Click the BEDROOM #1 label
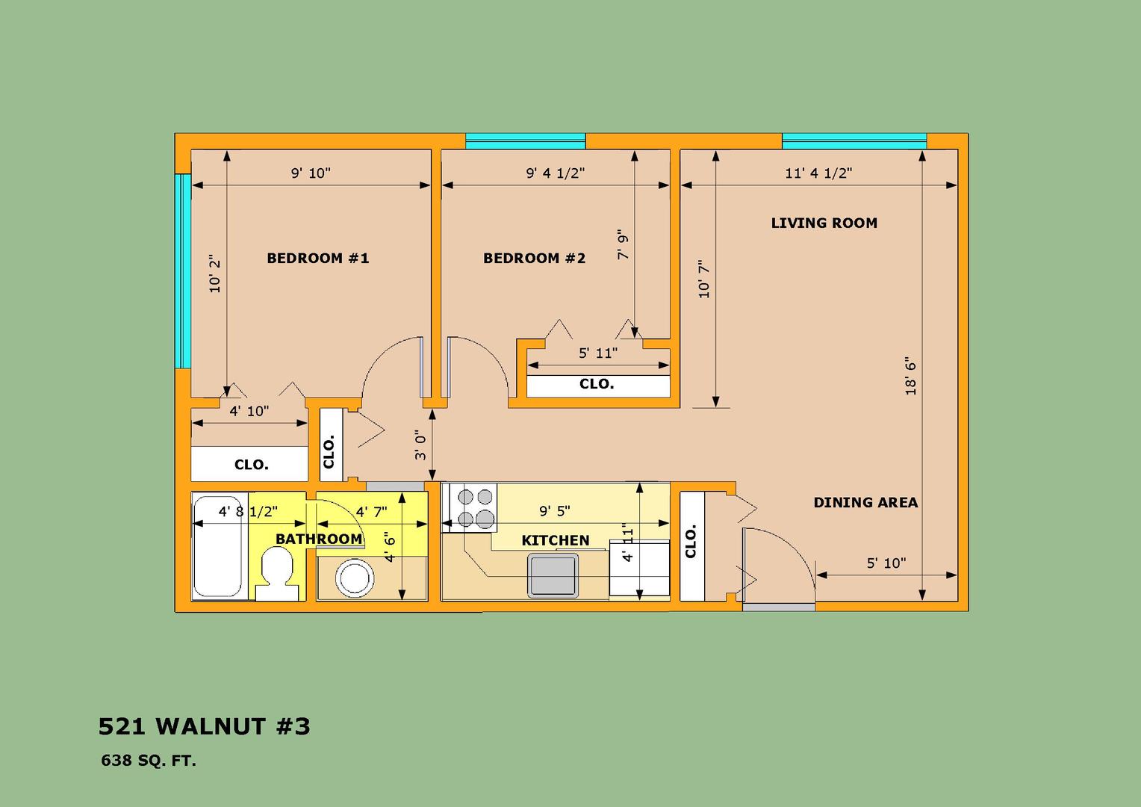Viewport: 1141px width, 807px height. coord(318,258)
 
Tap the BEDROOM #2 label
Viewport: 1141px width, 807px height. coord(535,258)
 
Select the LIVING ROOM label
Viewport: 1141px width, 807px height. coord(824,223)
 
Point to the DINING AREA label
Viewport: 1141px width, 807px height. coord(865,503)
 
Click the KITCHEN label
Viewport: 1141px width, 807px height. coord(556,540)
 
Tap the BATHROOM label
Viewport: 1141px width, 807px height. coord(319,539)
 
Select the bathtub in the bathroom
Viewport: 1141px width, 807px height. coord(219,546)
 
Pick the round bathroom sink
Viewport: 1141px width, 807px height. coord(355,578)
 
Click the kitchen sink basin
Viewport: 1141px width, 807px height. coord(553,575)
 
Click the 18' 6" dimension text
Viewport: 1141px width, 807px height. coord(911,379)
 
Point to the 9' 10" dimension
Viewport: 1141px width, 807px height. coord(311,173)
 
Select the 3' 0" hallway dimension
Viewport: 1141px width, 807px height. coord(420,445)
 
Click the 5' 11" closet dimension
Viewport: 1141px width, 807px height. coord(598,353)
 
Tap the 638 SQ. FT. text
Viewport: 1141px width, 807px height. coord(149,761)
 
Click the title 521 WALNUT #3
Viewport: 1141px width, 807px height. coord(205,726)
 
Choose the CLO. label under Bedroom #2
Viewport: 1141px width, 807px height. coord(597,384)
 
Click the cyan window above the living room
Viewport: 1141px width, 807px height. coord(854,141)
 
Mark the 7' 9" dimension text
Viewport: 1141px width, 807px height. coord(623,244)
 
